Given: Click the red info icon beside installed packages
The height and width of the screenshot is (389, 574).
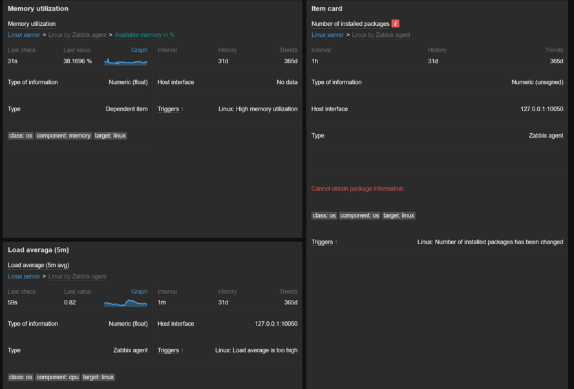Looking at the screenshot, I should tap(396, 23).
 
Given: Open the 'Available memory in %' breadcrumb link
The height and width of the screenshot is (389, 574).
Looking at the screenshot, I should tap(144, 35).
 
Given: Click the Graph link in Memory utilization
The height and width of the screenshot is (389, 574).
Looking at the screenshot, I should tap(139, 50).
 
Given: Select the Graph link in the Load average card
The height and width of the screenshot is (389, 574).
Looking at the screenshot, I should tap(139, 291).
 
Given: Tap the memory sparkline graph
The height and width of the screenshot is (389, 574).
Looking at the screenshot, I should tap(126, 62).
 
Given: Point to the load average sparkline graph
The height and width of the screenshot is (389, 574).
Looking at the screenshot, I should tap(126, 302).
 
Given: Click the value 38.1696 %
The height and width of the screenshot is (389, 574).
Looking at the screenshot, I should tap(78, 61).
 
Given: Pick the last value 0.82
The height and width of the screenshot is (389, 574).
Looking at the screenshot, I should tap(70, 302).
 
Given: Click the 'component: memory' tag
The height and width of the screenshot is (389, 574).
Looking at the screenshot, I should tap(63, 136).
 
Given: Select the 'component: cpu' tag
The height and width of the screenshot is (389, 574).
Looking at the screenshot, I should tap(58, 377).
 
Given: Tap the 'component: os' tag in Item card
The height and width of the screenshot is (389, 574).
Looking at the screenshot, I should tap(359, 216).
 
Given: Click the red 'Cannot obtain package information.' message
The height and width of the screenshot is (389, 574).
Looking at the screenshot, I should tap(357, 189).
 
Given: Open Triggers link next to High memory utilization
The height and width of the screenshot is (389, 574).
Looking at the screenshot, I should tap(168, 109).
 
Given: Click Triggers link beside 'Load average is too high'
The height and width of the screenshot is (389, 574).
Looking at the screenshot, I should tap(168, 350).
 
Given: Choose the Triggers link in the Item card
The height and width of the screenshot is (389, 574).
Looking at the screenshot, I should tap(322, 242).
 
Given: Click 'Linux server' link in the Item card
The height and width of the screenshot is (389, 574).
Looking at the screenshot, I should tap(327, 35).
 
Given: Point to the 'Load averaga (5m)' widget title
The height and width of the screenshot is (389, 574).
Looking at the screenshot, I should tap(38, 250).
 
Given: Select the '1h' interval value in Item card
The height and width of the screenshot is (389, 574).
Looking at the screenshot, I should tap(315, 61).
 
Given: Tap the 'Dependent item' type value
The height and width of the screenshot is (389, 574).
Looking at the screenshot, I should tap(127, 109).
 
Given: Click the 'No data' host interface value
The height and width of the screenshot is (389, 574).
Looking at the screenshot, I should tap(287, 82).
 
